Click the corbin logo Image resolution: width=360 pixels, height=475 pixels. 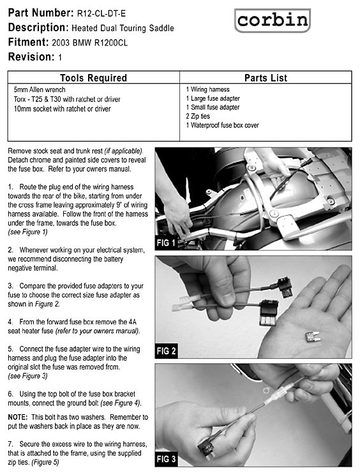272,20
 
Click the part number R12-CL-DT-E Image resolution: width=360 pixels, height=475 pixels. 101,13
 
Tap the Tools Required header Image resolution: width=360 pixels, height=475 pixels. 93,78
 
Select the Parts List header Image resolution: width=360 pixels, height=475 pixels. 266,78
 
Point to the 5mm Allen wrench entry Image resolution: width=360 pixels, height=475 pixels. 40,89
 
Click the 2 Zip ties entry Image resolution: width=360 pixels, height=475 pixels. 198,116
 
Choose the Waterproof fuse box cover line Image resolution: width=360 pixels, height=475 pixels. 223,125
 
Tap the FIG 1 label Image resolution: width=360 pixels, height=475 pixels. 166,243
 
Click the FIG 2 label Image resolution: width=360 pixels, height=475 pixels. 166,351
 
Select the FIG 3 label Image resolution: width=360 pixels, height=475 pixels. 166,459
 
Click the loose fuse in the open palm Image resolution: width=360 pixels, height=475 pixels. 313,336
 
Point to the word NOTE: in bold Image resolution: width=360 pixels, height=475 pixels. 18,417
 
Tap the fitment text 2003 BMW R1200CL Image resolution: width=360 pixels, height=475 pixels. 89,43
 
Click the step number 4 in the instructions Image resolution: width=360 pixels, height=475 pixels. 11,322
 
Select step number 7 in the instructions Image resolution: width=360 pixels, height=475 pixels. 11,444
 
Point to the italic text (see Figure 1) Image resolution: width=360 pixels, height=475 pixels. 27,232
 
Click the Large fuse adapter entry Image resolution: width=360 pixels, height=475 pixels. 213,98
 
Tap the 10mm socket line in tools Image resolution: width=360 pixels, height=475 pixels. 63,109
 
